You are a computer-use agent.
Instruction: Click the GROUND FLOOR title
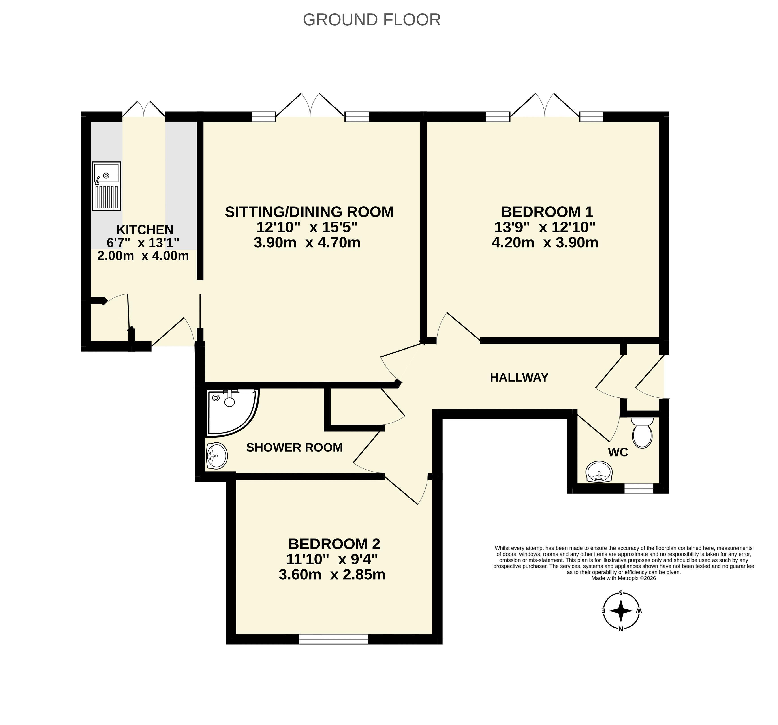tap(372, 19)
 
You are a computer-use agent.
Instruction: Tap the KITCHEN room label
tap(145, 230)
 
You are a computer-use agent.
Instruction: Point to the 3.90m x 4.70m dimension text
tap(307, 243)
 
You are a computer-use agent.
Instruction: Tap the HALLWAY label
tap(519, 377)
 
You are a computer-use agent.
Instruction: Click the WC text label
tap(618, 453)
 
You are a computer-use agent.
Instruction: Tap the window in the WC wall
tap(639, 489)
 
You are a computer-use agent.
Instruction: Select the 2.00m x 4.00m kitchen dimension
tap(143, 256)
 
